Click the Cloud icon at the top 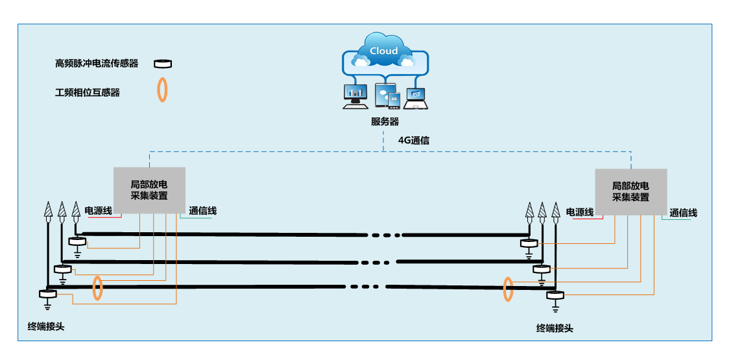coord(383,51)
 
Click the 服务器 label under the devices coord(385,121)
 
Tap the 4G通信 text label coord(413,139)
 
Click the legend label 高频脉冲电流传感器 coord(97,64)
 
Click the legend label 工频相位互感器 coord(88,93)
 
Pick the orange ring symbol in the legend coord(162,90)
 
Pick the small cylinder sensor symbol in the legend coord(162,64)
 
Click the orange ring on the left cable coord(97,288)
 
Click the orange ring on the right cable coord(509,289)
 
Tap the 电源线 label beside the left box coord(99,211)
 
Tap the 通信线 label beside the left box coord(202,211)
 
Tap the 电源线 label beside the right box coord(579,212)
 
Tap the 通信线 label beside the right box coord(683,213)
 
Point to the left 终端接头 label coord(46,326)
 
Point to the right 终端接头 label coord(555,328)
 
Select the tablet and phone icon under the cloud coord(388,96)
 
